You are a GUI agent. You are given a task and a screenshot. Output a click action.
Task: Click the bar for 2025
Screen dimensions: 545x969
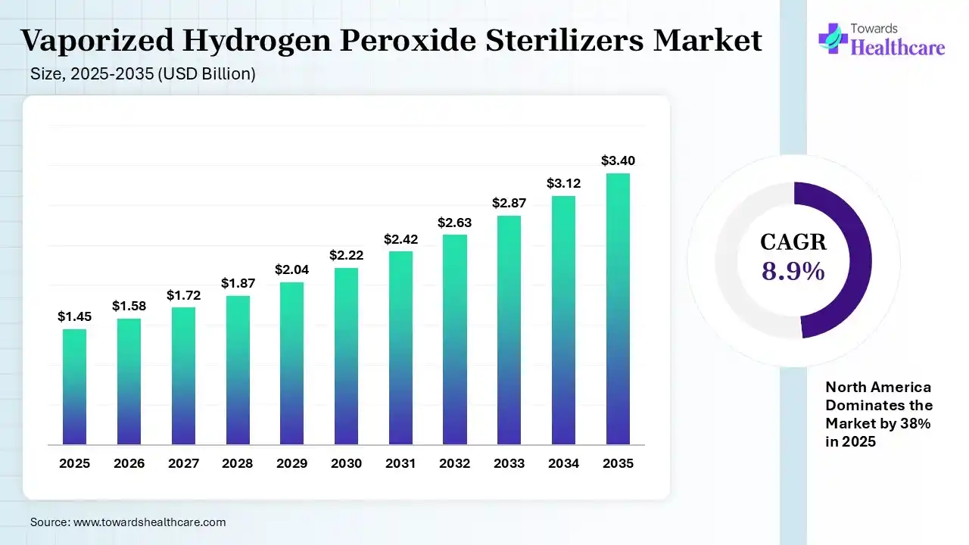click(x=74, y=387)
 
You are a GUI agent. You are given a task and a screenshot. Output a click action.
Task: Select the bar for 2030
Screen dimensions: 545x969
click(x=346, y=356)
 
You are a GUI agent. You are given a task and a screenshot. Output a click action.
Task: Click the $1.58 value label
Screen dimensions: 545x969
click(x=129, y=306)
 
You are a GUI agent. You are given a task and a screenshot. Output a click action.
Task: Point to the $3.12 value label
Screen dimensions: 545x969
click(x=564, y=183)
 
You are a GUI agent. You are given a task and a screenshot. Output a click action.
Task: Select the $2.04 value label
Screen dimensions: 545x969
click(x=291, y=269)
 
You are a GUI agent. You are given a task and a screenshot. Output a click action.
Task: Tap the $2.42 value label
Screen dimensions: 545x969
click(x=400, y=239)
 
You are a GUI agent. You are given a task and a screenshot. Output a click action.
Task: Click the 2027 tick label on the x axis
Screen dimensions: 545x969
click(x=183, y=463)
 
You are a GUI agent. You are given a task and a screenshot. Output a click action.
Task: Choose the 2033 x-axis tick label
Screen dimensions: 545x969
click(x=509, y=463)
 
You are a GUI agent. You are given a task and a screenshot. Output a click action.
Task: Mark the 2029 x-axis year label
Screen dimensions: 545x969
click(x=291, y=463)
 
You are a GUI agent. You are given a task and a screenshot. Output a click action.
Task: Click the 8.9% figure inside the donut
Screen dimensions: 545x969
click(x=793, y=271)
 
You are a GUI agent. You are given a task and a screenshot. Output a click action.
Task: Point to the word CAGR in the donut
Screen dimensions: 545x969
click(x=793, y=242)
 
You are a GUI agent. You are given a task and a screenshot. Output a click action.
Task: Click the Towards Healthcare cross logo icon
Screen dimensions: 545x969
click(x=833, y=39)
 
